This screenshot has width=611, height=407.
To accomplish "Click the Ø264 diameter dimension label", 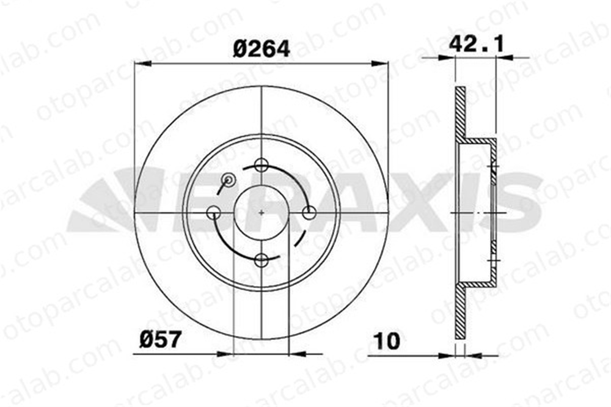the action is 262,49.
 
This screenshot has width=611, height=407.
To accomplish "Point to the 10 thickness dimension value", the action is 387,341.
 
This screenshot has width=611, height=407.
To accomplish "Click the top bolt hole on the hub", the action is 261,164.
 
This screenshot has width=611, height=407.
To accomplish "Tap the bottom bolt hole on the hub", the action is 261,260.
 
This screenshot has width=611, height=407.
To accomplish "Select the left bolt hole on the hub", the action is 213,213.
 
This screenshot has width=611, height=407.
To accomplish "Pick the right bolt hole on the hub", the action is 309,213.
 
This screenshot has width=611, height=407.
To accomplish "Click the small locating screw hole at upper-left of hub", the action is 228,179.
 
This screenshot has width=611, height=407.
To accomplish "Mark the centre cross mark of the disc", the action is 261,213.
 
